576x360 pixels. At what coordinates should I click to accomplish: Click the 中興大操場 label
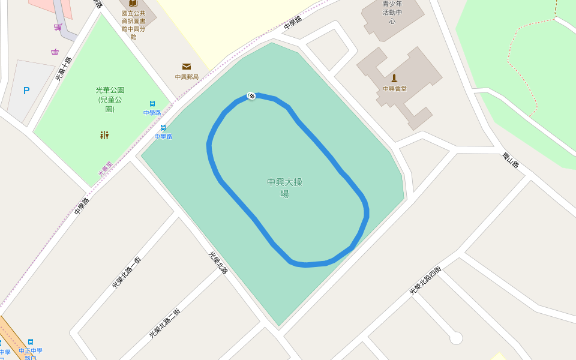pyautogui.click(x=284, y=187)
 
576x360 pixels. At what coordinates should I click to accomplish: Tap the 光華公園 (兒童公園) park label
pyautogui.click(x=110, y=100)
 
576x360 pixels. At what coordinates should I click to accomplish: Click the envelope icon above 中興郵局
pyautogui.click(x=187, y=67)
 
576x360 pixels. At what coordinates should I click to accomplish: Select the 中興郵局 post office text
pyautogui.click(x=187, y=77)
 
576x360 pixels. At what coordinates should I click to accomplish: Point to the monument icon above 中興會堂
pyautogui.click(x=394, y=77)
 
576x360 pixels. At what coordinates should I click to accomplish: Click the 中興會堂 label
pyautogui.click(x=395, y=89)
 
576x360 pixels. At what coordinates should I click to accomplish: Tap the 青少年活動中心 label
pyautogui.click(x=392, y=12)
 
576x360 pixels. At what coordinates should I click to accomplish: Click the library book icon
pyautogui.click(x=133, y=3)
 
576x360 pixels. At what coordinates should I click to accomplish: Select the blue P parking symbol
pyautogui.click(x=26, y=91)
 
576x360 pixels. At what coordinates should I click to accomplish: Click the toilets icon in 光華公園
pyautogui.click(x=104, y=135)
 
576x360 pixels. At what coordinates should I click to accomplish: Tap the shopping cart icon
pyautogui.click(x=58, y=27)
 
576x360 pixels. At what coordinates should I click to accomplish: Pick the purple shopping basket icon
pyautogui.click(x=55, y=52)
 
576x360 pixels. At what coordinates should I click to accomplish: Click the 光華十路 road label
pyautogui.click(x=64, y=68)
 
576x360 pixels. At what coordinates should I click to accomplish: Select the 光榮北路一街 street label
pyautogui.click(x=127, y=273)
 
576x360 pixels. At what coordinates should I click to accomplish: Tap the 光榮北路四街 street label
pyautogui.click(x=425, y=280)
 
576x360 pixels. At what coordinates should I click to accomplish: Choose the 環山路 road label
pyautogui.click(x=511, y=160)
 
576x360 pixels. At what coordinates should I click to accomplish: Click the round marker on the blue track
pyautogui.click(x=251, y=96)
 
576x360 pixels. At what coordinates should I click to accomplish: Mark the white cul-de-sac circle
pyautogui.click(x=456, y=338)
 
